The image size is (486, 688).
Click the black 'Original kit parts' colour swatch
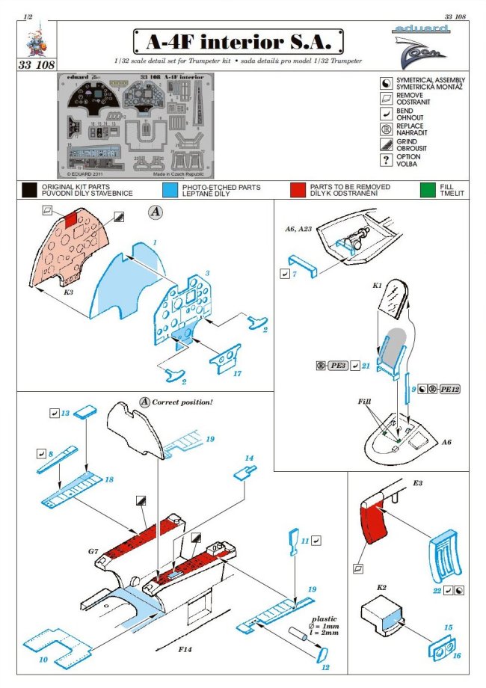[x=29, y=190]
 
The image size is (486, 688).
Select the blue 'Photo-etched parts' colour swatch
[x=170, y=190]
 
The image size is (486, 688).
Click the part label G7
[x=93, y=552]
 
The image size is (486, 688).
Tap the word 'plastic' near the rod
[x=327, y=620]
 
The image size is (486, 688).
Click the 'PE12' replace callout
[x=449, y=390]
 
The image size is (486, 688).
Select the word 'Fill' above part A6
[x=364, y=402]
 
